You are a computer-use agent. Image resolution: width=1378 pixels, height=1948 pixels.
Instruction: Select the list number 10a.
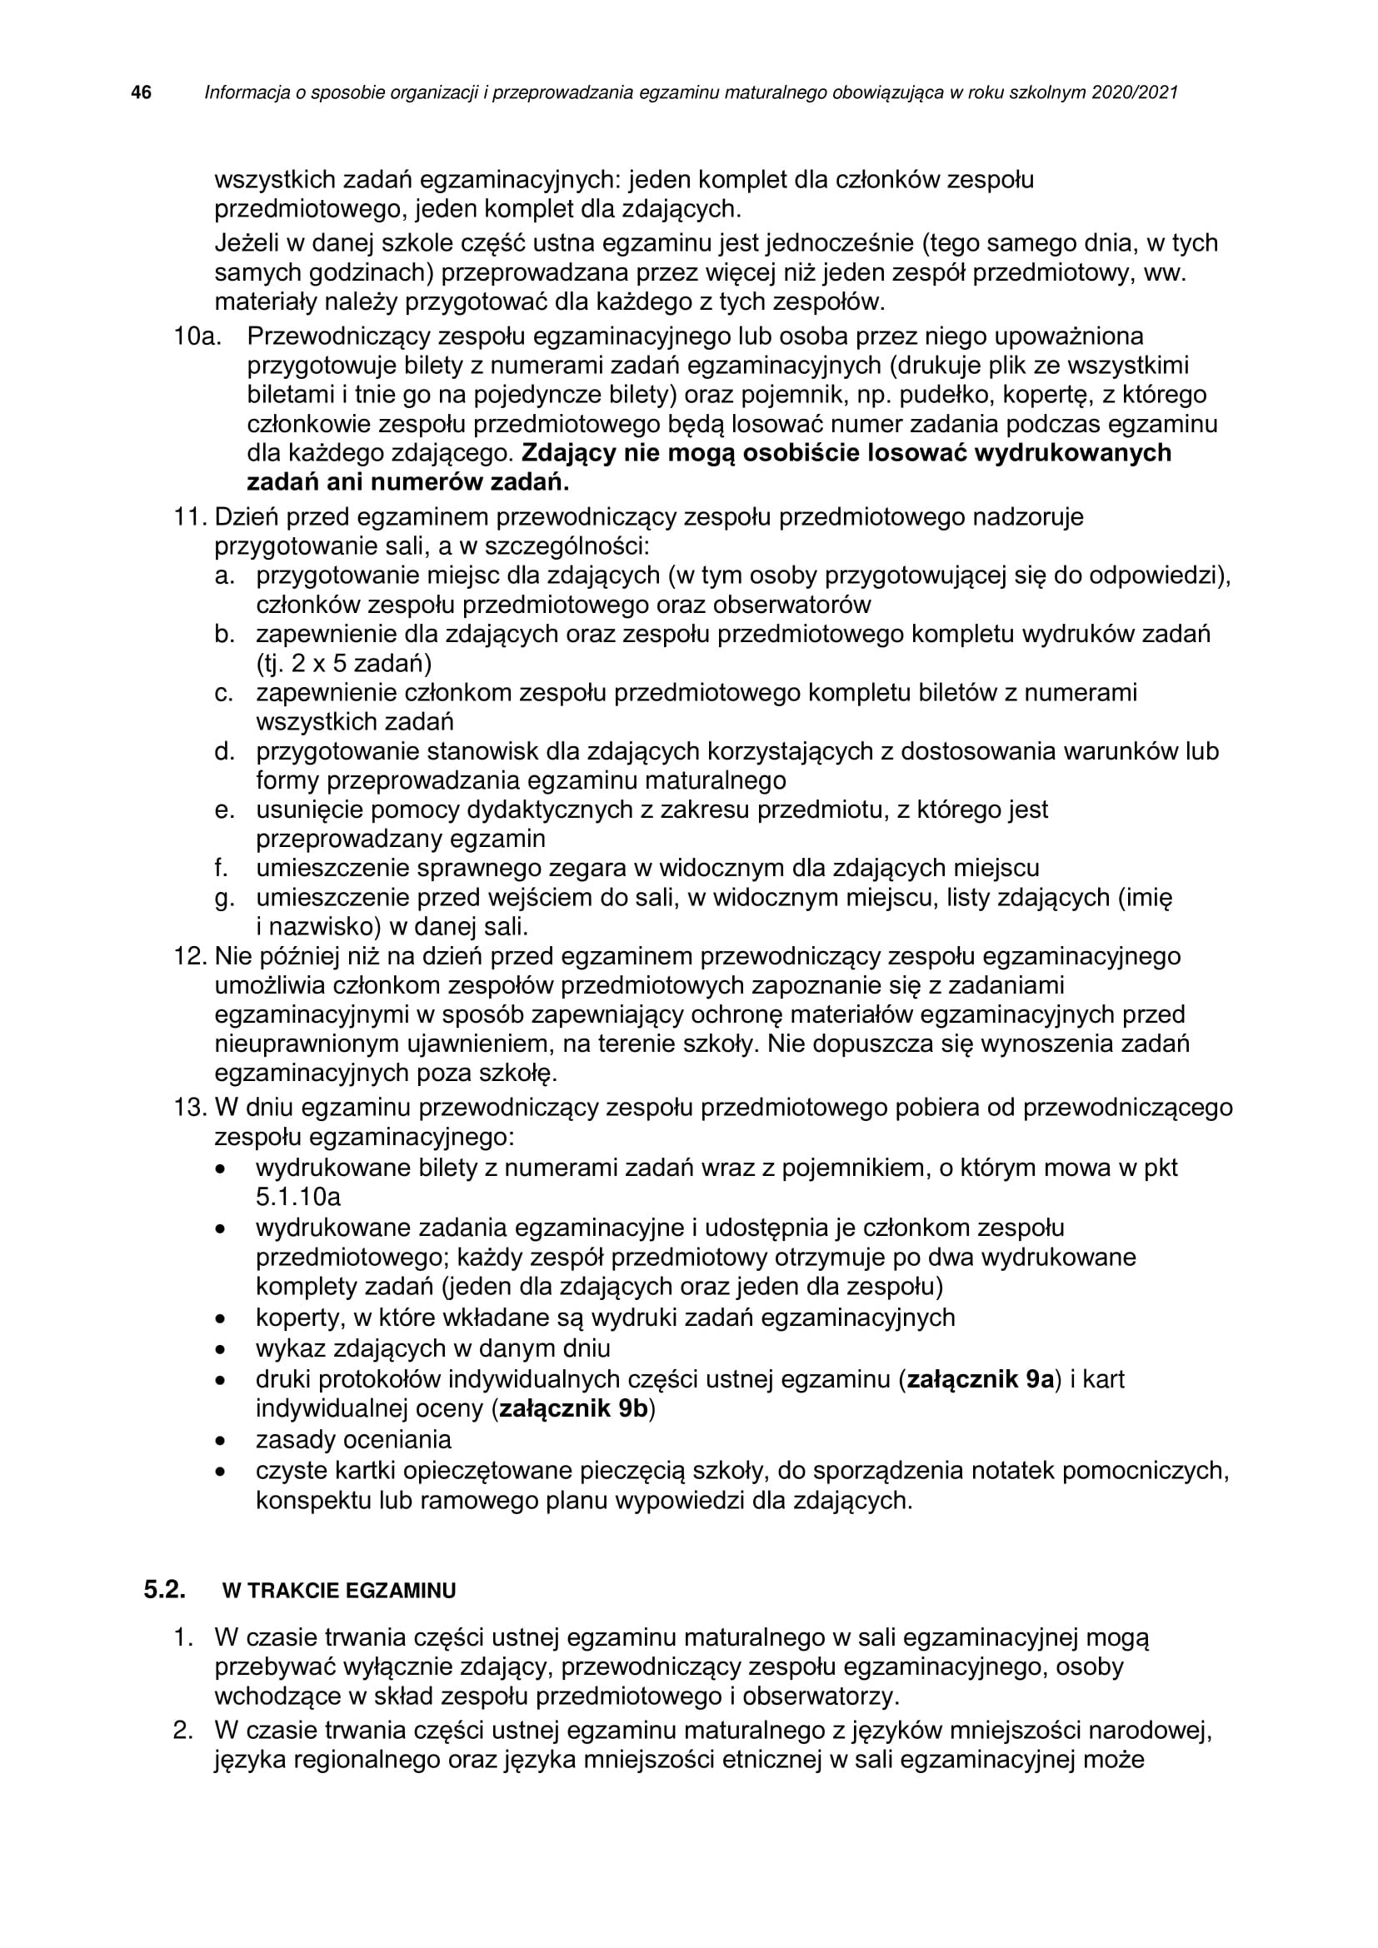coord(197,336)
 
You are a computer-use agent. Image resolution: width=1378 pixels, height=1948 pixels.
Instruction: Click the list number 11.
coord(191,516)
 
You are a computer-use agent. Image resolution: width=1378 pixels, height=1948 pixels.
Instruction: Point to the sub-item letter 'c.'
coord(224,693)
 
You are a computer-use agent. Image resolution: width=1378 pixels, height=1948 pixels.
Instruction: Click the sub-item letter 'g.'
coord(224,898)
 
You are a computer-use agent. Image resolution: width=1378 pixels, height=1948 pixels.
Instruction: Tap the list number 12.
coord(191,956)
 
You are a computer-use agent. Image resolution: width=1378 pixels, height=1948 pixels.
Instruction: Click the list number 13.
coord(191,1107)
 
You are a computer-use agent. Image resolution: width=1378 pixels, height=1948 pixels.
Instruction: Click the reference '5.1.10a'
coord(299,1197)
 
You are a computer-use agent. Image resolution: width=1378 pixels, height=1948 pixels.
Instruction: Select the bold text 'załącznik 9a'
coord(980,1379)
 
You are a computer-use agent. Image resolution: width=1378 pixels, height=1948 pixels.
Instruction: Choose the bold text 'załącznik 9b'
coord(572,1409)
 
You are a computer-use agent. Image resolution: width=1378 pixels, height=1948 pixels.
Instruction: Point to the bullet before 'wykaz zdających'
coord(221,1349)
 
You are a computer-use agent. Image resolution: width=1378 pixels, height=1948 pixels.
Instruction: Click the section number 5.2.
coord(165,1589)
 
